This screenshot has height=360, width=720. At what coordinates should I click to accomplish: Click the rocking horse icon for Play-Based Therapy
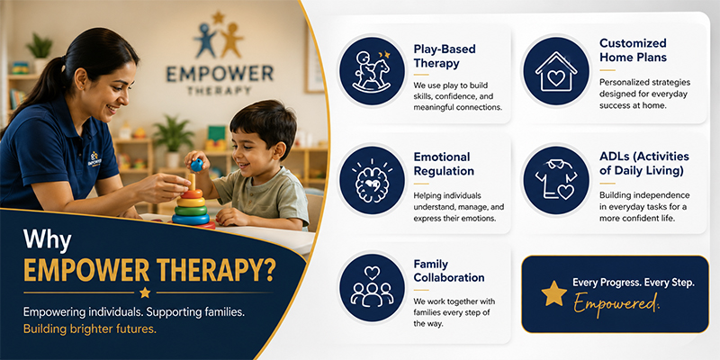pos(372,71)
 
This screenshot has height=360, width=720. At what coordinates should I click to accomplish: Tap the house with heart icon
pos(555,72)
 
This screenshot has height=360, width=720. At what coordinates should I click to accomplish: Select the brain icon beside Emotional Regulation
pos(372,180)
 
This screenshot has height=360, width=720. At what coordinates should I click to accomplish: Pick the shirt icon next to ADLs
pos(555,180)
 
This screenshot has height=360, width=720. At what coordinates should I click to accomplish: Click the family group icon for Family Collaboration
pos(372,287)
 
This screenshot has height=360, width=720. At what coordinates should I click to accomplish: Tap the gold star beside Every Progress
pos(553,294)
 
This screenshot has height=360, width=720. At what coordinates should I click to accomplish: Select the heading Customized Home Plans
pos(633,50)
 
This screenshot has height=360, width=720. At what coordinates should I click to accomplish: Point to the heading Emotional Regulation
pos(444,164)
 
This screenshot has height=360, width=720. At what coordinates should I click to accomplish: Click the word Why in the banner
pos(48,240)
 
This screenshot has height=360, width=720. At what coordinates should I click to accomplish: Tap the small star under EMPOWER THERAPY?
pos(145,292)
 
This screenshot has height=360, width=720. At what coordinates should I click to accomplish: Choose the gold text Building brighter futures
pos(90,329)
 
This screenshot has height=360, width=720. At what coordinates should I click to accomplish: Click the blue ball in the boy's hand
pos(197,165)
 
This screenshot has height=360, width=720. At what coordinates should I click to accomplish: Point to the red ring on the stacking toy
pos(192,193)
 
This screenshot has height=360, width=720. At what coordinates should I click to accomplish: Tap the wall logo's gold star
pos(218,17)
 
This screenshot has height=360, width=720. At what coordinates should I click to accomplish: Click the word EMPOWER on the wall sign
pos(220,74)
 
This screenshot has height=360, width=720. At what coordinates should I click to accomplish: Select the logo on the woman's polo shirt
pos(94,158)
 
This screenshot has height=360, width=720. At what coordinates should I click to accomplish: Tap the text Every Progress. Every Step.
pos(634,283)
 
